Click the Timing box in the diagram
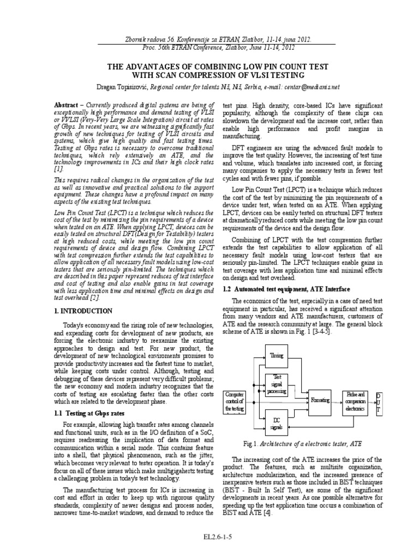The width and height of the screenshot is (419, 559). [x=277, y=355]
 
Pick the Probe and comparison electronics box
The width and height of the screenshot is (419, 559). [x=355, y=400]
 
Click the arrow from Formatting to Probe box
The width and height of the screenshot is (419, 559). [x=336, y=400]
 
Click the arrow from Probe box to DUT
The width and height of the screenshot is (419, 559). [x=373, y=400]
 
